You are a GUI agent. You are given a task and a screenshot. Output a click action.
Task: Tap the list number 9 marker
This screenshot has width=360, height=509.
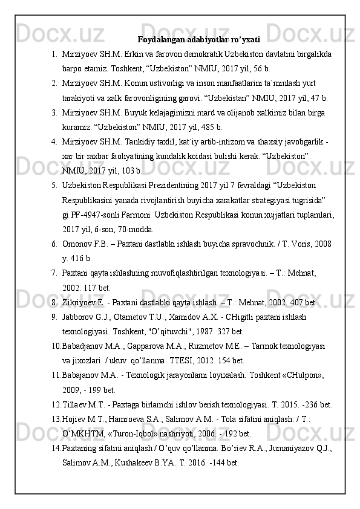tap(54, 316)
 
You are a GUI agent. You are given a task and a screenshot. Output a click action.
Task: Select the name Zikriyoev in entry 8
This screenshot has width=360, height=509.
tap(80, 302)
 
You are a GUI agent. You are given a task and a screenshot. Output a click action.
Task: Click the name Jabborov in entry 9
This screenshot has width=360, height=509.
tap(79, 316)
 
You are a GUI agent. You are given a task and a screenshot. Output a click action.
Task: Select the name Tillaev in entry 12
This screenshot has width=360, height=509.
tap(76, 403)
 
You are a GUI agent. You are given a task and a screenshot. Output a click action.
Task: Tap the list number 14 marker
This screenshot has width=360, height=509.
tap(56, 447)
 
